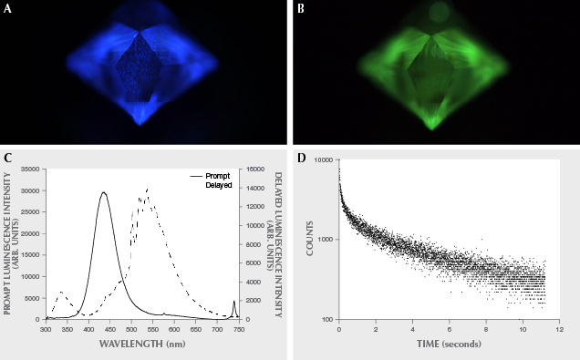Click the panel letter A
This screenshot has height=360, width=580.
point(7,7)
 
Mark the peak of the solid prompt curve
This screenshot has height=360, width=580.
point(104,192)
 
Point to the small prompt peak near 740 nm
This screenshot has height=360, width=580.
point(233,301)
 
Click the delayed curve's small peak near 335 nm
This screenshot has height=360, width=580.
point(61,292)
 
